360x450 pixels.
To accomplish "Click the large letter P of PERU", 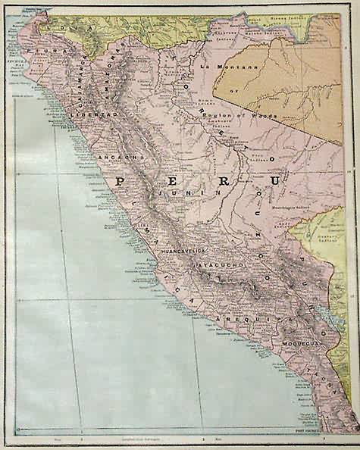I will point(121,181).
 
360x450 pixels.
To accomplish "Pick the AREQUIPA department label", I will point(242,321).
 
